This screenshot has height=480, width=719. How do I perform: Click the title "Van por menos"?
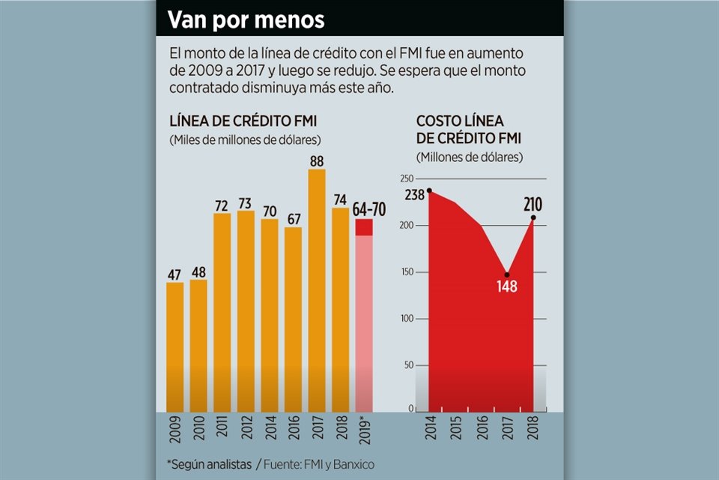point(246,19)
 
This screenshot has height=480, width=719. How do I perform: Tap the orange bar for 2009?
point(175,345)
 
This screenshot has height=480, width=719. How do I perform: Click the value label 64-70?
point(368,209)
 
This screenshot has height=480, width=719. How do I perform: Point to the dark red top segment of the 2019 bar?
point(364,227)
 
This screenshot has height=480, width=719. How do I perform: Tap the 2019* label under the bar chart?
point(365,431)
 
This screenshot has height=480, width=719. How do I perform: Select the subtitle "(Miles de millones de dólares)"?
point(245,139)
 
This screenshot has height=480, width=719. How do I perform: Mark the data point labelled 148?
point(507,274)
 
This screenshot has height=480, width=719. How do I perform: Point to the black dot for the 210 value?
point(533,218)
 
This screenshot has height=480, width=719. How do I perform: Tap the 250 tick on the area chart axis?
point(406,178)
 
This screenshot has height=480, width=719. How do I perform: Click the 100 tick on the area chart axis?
point(406,318)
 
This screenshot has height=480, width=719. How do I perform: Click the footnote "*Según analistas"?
point(209,465)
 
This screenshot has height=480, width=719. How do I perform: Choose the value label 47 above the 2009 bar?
point(175,273)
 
